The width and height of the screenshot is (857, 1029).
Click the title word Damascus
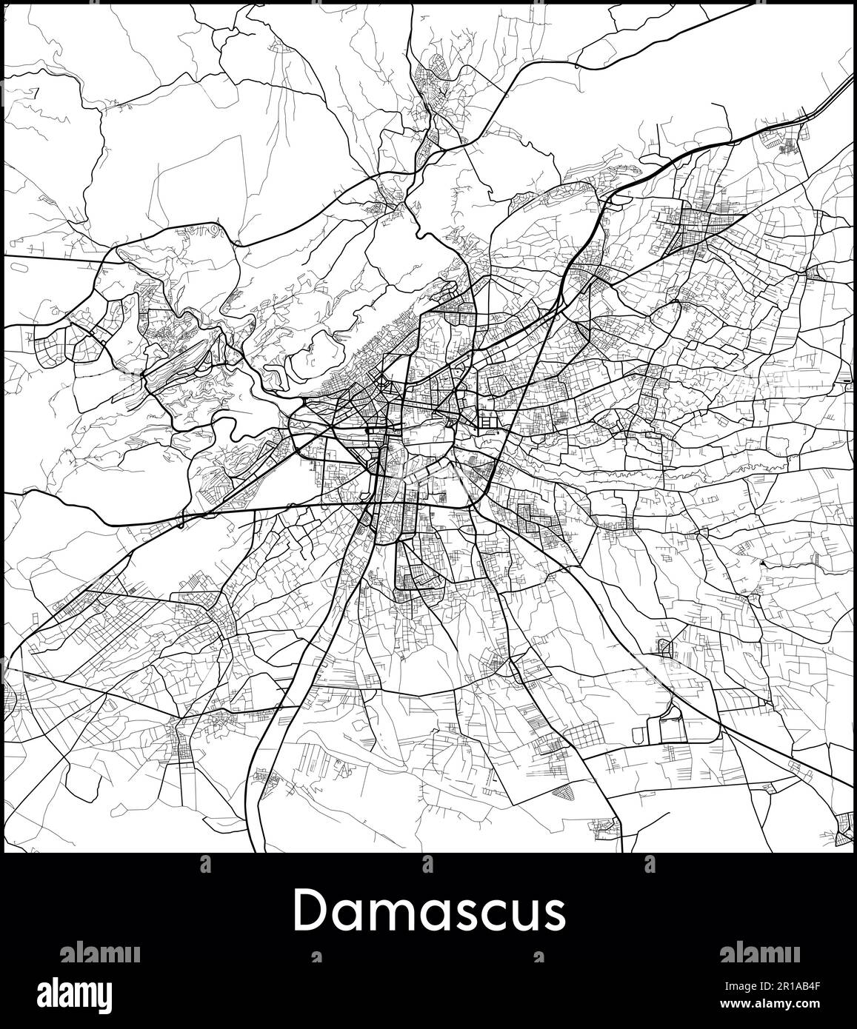point(429,911)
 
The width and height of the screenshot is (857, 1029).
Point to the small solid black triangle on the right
point(763,564)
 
